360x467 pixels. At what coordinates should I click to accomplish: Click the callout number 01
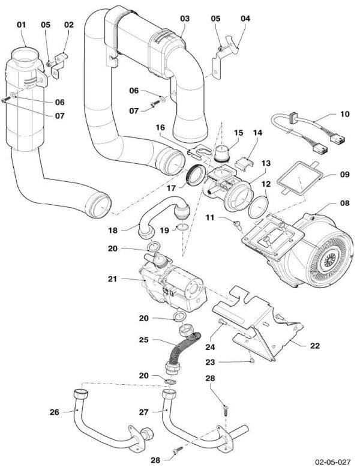point(22,25)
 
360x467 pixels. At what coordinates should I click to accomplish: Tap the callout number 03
point(184,19)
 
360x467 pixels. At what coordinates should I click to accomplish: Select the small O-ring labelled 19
point(181,228)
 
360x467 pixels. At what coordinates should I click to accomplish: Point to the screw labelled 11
point(238,225)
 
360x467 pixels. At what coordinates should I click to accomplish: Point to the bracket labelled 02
point(59,62)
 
